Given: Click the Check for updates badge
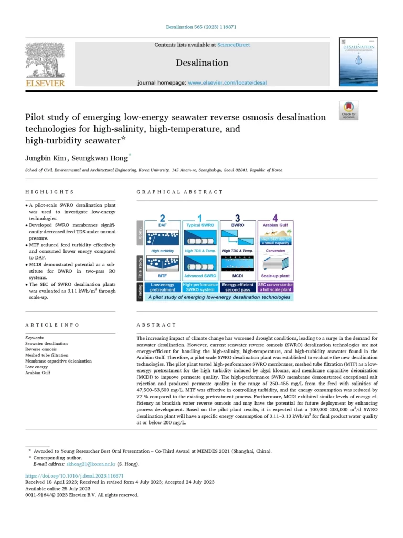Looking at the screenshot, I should point(348,110).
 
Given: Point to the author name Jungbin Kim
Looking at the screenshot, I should point(46,157).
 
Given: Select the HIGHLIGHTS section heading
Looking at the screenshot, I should point(49,192).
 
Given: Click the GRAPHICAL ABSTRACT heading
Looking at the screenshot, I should point(170,192).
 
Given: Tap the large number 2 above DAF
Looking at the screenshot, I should point(163,217).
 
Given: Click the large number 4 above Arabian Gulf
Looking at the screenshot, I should point(275,217).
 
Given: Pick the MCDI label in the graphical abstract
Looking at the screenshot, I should point(238,276).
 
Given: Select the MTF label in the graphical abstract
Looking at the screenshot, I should point(163,276).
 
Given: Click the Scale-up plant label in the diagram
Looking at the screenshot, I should point(275,276).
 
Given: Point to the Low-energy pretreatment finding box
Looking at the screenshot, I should point(163,287).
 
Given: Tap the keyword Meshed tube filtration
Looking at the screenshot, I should point(47,355).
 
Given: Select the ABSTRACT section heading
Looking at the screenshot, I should point(156,325).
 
